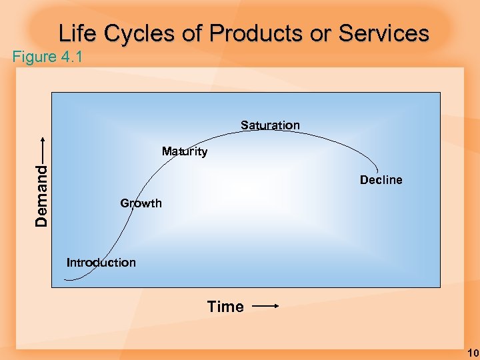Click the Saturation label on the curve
pyautogui.click(x=270, y=125)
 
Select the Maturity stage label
pyautogui.click(x=185, y=152)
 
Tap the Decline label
pyautogui.click(x=381, y=180)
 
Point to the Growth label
pyautogui.click(x=141, y=203)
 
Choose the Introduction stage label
pyautogui.click(x=101, y=263)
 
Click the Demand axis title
pyautogui.click(x=42, y=195)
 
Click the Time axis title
pyautogui.click(x=225, y=307)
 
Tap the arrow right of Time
pyautogui.click(x=265, y=307)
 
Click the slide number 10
pyautogui.click(x=473, y=353)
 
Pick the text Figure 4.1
pyautogui.click(x=47, y=57)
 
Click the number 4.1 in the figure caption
pyautogui.click(x=71, y=57)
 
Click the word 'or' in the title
pyautogui.click(x=315, y=33)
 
